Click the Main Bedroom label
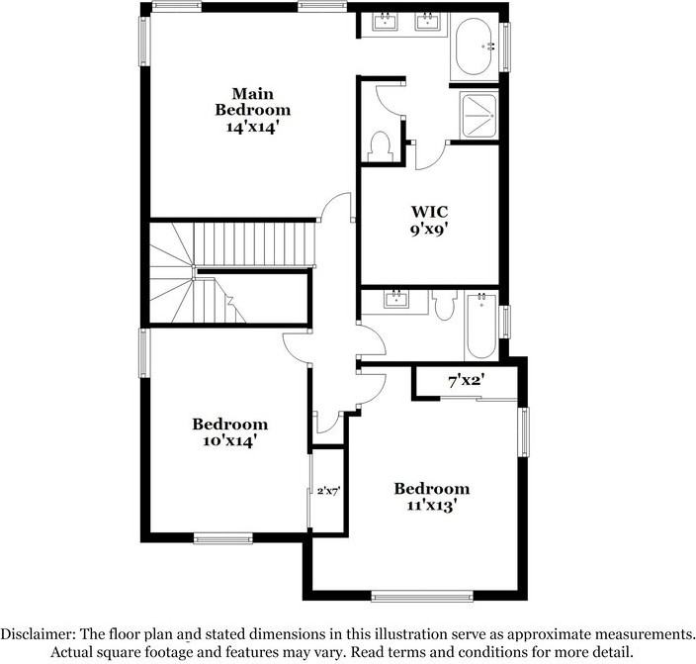click(253, 109)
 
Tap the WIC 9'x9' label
click(430, 220)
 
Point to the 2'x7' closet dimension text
click(328, 490)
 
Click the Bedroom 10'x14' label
click(230, 432)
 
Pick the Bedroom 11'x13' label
click(431, 497)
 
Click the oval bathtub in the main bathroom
click(478, 48)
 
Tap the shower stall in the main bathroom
click(479, 115)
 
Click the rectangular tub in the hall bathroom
click(480, 327)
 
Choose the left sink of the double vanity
click(385, 22)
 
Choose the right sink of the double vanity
click(427, 22)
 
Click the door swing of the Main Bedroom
click(336, 208)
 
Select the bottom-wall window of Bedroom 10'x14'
click(218, 538)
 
